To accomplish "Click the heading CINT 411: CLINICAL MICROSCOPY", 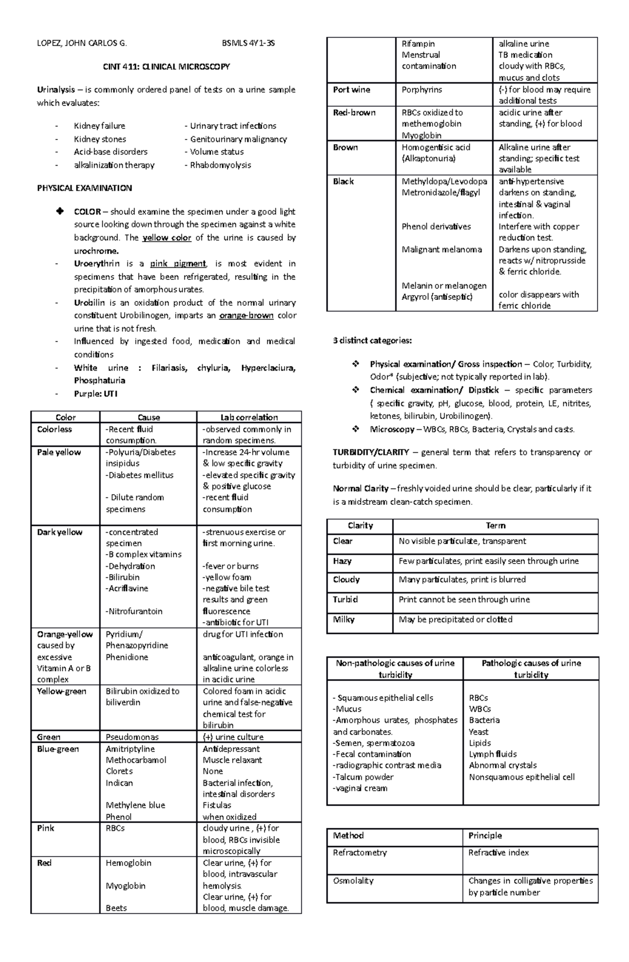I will tap(166, 67).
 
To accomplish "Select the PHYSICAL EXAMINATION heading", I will tap(84, 188).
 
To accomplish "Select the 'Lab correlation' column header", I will tap(249, 417).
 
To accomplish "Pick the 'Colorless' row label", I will tap(55, 429).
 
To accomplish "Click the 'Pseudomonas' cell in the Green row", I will tap(132, 737).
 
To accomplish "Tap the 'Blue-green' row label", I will tap(58, 749).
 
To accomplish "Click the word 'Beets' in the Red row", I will tap(116, 908).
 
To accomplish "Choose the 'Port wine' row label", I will tap(351, 90).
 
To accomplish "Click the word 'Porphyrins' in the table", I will tap(422, 90).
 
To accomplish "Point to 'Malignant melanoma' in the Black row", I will tap(442, 250).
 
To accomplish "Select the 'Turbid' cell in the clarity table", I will tap(345, 599).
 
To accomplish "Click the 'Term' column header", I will tap(495, 525).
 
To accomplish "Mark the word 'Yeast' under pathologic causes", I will tap(479, 732).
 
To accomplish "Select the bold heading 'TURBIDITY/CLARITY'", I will tap(371, 452).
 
